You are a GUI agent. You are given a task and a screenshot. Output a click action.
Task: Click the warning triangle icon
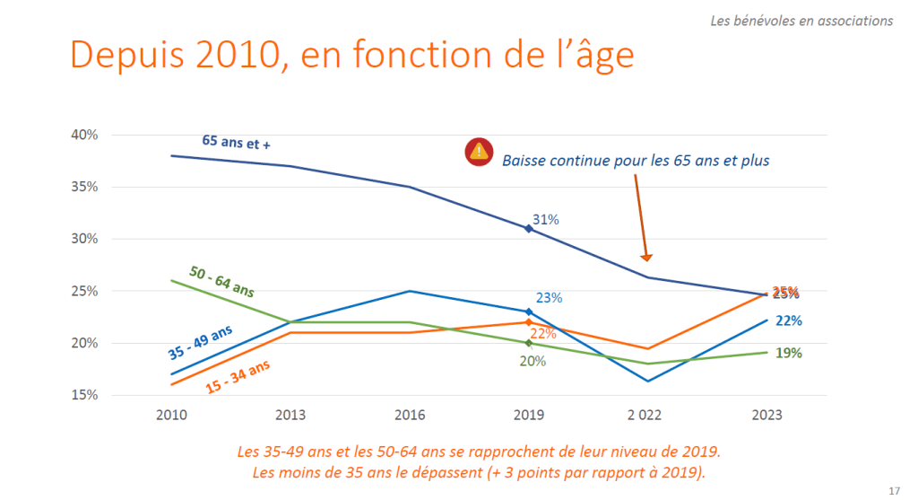tap(479, 152)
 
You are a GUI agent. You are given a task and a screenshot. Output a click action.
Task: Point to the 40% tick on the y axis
tap(84, 135)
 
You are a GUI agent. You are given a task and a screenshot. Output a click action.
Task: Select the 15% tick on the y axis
tap(84, 395)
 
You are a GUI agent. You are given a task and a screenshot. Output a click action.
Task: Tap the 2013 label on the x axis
tap(290, 416)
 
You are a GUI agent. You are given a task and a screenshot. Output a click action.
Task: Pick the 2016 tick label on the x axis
tap(410, 416)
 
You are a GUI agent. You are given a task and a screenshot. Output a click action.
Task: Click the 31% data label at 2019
tap(547, 219)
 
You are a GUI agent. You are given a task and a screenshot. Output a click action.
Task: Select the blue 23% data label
tap(549, 298)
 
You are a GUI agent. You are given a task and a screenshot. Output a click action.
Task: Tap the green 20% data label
tap(533, 361)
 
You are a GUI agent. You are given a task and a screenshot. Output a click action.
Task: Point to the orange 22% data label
tap(543, 334)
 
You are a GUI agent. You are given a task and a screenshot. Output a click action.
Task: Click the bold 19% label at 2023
tap(788, 353)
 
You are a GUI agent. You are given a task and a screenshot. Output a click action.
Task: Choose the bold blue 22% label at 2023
tap(788, 320)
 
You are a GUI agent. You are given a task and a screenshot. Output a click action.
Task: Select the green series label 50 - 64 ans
tap(221, 281)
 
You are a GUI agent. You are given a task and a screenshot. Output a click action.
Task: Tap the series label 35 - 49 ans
tap(200, 342)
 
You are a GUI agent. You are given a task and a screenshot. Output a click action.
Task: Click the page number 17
tap(894, 490)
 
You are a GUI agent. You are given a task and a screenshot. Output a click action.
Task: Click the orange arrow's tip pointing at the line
tap(646, 259)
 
